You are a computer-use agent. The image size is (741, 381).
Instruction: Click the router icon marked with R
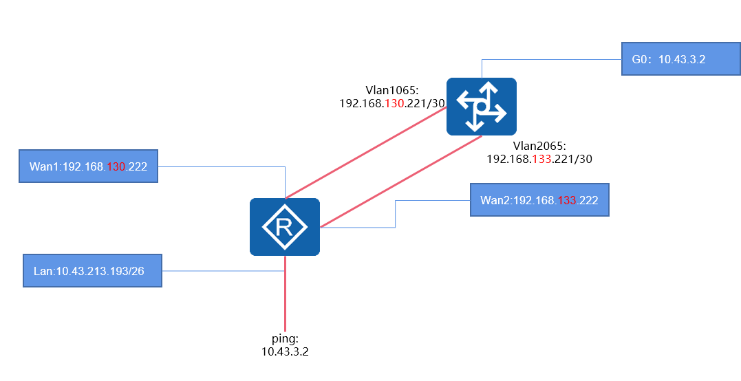point(284,227)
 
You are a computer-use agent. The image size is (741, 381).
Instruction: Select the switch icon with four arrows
point(481,106)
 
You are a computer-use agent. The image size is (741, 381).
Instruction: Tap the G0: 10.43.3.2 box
point(680,59)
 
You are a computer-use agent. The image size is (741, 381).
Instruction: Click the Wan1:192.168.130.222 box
point(88,166)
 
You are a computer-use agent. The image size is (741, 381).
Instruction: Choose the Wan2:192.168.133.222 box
point(539,200)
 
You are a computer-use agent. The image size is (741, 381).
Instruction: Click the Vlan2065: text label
point(539,146)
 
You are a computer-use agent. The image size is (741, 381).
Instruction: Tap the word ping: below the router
point(284,339)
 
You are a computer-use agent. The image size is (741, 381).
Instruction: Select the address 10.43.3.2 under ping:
point(284,351)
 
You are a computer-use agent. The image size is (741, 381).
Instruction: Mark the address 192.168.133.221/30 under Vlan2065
point(539,158)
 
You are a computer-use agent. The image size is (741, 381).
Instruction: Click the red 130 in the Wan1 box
point(116,166)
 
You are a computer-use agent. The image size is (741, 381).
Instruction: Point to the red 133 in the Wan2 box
point(568,200)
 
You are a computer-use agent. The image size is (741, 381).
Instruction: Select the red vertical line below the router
point(285,296)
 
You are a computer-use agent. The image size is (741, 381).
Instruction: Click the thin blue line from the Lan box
point(220,270)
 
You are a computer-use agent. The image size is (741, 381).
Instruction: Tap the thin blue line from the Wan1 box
point(220,166)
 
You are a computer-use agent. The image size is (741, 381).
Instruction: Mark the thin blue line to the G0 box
point(550,59)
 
